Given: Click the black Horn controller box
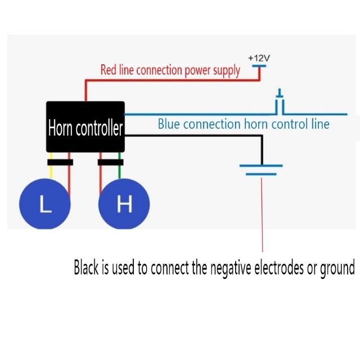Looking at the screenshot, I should [84, 127].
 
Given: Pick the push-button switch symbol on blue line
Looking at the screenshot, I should [280, 104].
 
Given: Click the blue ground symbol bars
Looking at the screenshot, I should [261, 170].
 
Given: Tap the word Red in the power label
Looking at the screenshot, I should [109, 70].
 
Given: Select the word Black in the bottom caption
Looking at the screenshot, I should [86, 268].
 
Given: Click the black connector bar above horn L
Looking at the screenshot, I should [60, 162].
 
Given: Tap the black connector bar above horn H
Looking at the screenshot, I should [110, 162].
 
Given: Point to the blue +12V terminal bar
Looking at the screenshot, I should [258, 66].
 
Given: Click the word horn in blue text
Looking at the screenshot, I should [256, 124].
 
